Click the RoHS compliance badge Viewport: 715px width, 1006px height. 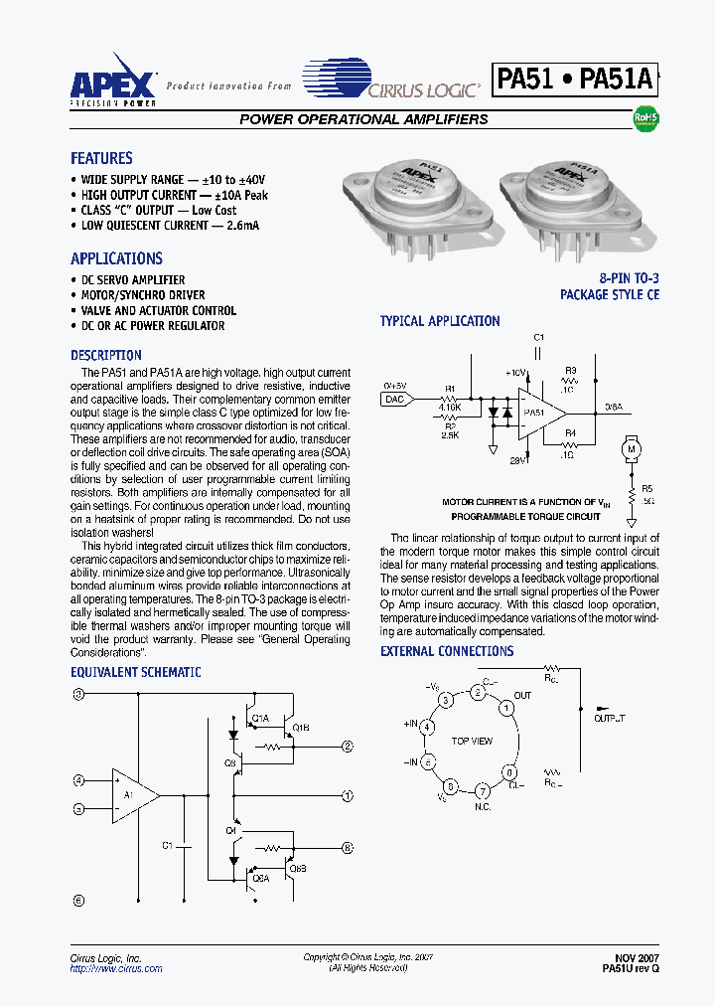(645, 118)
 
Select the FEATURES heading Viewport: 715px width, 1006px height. (101, 158)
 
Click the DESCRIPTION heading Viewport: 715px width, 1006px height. (106, 355)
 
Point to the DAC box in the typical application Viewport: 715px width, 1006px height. (394, 399)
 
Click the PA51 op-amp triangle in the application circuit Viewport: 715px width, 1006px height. (539, 413)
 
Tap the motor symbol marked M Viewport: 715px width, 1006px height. (629, 449)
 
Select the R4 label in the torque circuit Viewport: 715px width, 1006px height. (570, 433)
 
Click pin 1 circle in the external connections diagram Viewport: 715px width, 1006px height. (505, 708)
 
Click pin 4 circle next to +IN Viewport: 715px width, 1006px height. (428, 727)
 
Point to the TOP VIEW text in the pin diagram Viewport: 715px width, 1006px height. (472, 742)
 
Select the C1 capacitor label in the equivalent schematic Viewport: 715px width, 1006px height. (168, 845)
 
